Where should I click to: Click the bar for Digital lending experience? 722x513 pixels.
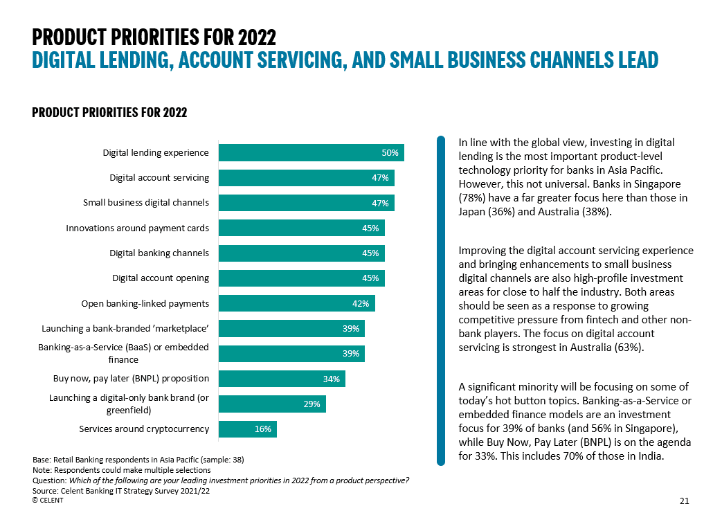311,153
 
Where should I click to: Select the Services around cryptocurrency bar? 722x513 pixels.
247,429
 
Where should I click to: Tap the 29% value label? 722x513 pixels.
312,404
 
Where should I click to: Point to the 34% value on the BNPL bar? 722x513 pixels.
331,379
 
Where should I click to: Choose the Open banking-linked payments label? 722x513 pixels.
145,303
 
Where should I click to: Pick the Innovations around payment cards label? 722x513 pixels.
137,228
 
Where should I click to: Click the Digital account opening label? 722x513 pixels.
161,278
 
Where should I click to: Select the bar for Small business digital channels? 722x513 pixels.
306,203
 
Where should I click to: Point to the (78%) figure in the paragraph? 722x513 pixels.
473,198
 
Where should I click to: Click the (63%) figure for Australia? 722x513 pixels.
629,347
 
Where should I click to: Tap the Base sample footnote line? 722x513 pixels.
138,460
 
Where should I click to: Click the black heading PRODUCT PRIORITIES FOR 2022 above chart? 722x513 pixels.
109,113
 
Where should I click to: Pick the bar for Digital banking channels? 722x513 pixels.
301,253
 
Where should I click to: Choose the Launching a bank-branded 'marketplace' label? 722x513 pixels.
125,329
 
